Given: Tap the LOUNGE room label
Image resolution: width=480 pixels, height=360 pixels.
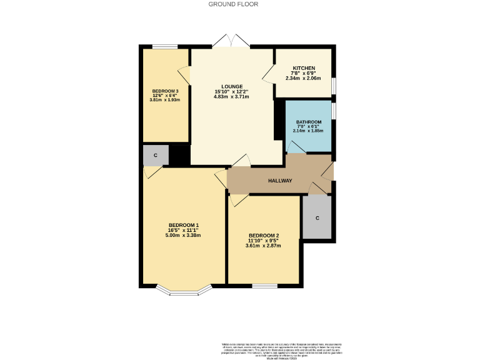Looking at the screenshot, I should (232, 86).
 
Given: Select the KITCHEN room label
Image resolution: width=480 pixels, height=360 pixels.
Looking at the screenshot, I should (304, 68).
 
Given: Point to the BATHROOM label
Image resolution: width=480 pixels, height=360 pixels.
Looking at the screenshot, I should (309, 122).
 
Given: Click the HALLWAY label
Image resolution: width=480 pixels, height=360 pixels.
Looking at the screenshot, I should (280, 181).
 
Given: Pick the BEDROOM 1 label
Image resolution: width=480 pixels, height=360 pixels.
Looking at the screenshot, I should (183, 225).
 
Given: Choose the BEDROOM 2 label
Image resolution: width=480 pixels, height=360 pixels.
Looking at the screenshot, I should (263, 235).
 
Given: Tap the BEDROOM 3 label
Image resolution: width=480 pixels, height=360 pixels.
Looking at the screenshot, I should (165, 90).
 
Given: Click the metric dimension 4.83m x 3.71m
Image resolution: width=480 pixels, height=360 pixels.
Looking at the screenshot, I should (232, 97).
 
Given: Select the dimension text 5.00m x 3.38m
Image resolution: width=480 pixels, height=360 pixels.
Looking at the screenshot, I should (183, 236).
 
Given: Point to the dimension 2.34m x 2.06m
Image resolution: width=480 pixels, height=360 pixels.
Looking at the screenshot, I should (304, 79).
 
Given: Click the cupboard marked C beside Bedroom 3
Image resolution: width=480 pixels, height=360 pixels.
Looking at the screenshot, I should (155, 155).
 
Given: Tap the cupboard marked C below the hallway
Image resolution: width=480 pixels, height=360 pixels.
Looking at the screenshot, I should (317, 217).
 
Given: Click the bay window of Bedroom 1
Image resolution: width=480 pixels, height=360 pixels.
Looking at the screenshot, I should (182, 291).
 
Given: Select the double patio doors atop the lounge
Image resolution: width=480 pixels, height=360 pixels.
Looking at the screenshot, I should (231, 42).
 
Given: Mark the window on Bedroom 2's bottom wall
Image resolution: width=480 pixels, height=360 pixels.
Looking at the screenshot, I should (264, 286).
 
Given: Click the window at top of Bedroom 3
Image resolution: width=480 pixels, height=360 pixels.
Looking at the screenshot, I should (164, 46).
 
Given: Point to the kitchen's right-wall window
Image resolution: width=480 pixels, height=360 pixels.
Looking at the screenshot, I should (334, 84).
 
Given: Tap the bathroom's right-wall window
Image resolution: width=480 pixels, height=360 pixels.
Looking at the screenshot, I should (334, 110).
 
